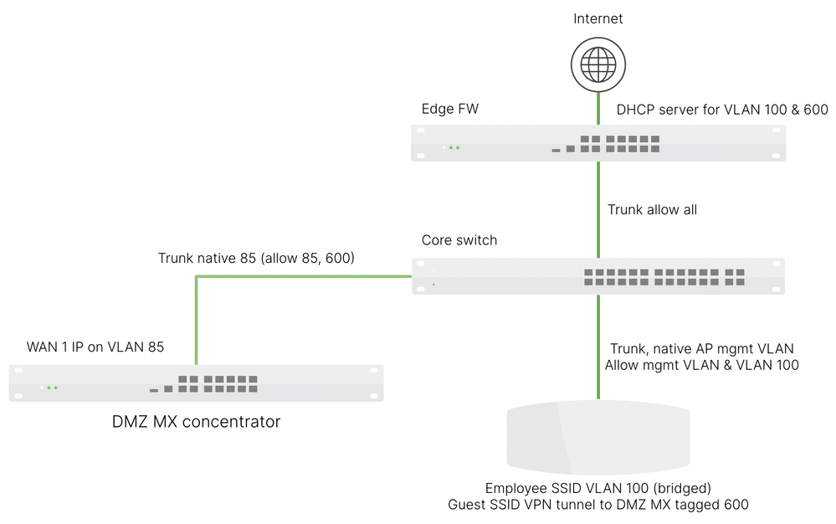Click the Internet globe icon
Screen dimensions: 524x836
pyautogui.click(x=598, y=64)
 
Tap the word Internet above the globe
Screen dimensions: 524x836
pyautogui.click(x=598, y=18)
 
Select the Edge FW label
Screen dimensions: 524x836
pyautogui.click(x=450, y=110)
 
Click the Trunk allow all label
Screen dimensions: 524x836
pyautogui.click(x=652, y=209)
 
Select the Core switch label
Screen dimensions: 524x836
pyautogui.click(x=459, y=240)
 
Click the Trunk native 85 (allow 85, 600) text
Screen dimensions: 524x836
pyautogui.click(x=256, y=259)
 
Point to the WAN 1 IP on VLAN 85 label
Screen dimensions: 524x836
pyautogui.click(x=95, y=347)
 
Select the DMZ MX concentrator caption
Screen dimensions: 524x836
pyautogui.click(x=196, y=422)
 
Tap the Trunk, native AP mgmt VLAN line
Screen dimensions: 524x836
pyautogui.click(x=699, y=348)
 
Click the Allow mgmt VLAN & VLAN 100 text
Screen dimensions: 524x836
pyautogui.click(x=701, y=365)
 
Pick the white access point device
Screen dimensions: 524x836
pyautogui.click(x=598, y=438)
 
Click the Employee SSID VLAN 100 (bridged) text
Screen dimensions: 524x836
pyautogui.click(x=598, y=488)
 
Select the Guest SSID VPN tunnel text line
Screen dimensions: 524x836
pyautogui.click(x=598, y=505)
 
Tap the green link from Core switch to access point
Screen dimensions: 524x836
pyautogui.click(x=598, y=347)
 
